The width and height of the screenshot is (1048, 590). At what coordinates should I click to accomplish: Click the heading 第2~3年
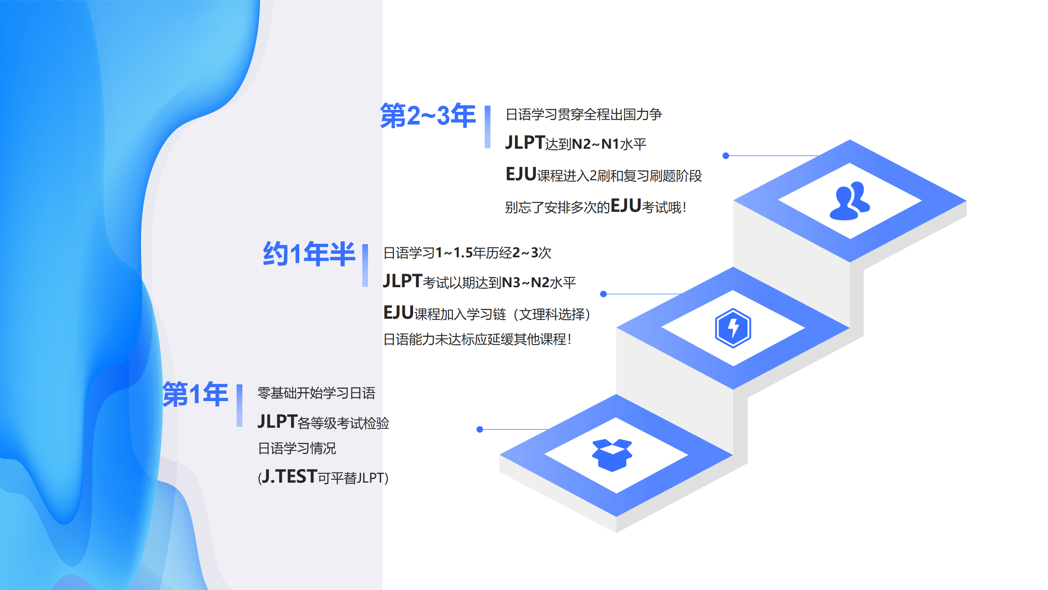tap(428, 116)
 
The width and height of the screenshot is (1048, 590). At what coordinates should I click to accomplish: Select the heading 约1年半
tap(309, 254)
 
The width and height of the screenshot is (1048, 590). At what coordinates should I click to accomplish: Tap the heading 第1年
tap(195, 394)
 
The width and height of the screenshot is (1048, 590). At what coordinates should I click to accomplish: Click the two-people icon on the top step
tap(850, 201)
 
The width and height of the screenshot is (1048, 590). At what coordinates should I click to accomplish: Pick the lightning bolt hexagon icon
tap(733, 328)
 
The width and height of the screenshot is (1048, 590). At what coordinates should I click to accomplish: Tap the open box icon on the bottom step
tap(612, 455)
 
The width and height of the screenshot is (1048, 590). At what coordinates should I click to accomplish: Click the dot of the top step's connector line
tap(726, 156)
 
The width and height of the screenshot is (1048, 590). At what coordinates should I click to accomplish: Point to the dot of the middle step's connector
tap(603, 294)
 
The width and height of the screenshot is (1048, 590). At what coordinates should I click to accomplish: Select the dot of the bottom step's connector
tap(480, 429)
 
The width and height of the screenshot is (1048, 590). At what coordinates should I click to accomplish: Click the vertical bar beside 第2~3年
tap(488, 127)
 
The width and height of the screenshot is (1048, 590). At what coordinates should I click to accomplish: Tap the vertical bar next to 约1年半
tap(365, 265)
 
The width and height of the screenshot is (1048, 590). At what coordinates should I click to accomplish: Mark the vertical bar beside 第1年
tap(239, 406)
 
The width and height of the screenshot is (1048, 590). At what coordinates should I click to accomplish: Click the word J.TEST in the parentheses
tap(289, 477)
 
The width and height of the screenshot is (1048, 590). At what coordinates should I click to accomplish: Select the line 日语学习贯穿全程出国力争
tap(584, 115)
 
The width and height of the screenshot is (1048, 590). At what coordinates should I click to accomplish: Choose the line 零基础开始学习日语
tap(316, 393)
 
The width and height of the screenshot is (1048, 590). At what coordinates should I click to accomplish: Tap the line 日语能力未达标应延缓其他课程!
tap(477, 340)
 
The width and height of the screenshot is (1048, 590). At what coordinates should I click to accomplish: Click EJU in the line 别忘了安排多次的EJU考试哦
tap(626, 206)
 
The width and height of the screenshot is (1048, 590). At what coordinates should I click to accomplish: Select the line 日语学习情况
tap(297, 449)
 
